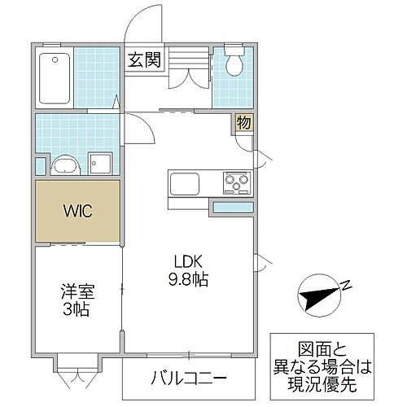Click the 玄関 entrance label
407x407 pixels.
coord(147,59)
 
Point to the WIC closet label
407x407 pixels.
coord(78,211)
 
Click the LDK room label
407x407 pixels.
coord(187,262)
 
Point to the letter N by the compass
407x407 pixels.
coord(345,286)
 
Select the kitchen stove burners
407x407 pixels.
coord(236,183)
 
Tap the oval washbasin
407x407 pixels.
coord(64,166)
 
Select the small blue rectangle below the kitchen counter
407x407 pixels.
coord(233,208)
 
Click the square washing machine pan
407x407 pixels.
coord(102,163)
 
